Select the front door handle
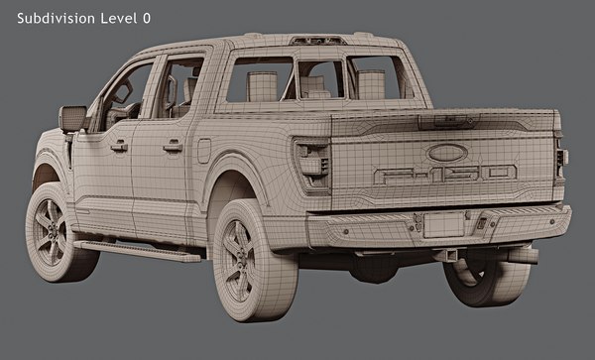119,146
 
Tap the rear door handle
173,146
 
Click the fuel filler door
203,151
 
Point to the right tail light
561,159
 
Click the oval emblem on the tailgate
447,153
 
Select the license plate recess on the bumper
443,225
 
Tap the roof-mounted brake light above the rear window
317,41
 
